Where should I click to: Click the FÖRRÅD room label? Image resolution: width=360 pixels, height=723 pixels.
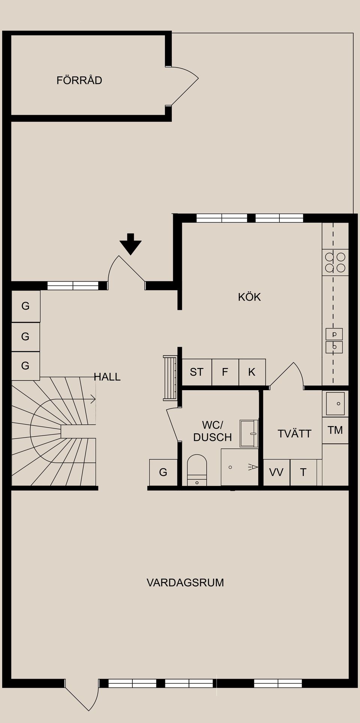[79, 80]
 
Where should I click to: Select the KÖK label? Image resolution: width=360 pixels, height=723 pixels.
[249, 297]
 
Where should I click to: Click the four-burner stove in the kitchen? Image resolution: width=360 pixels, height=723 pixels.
[335, 262]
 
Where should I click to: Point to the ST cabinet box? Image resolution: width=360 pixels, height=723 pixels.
[196, 372]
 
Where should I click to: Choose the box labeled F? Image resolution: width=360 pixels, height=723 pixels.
[225, 372]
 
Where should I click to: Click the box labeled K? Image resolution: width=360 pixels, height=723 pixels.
[252, 372]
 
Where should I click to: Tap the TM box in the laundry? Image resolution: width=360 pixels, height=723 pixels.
[335, 430]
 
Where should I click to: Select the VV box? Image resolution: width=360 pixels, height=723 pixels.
[276, 472]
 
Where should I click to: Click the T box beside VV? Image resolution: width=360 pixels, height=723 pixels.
[303, 472]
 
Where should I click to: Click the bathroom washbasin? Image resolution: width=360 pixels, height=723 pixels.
[249, 434]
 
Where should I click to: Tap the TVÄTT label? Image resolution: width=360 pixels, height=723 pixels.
[294, 434]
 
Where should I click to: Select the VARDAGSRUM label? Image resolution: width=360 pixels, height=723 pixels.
[185, 583]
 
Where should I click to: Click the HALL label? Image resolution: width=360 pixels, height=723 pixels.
[107, 377]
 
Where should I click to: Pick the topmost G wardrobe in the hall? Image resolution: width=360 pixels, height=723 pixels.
[25, 306]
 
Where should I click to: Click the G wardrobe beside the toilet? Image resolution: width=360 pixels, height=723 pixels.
[163, 472]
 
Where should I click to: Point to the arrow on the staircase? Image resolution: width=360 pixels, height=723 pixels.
[91, 400]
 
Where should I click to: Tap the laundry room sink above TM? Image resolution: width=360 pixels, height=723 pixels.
[335, 404]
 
